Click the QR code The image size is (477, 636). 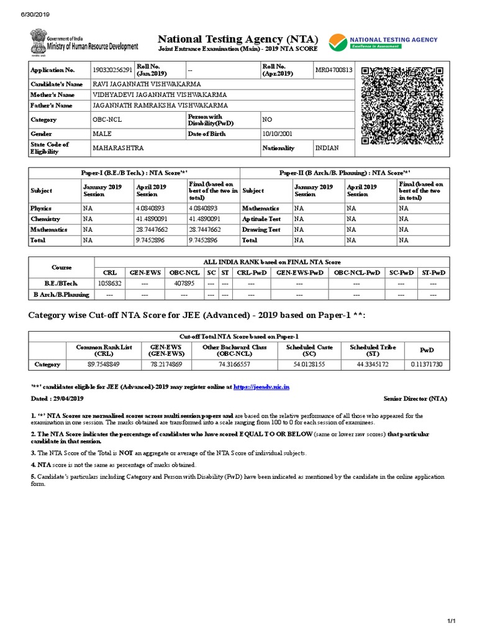pos(402,105)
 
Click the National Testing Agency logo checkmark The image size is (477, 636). pos(339,42)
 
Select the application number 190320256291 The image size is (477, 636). pos(112,70)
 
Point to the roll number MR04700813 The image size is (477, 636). pos(334,70)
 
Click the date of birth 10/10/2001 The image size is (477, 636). pos(276,134)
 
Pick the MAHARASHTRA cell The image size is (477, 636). pos(118,148)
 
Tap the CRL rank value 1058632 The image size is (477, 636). pos(109,283)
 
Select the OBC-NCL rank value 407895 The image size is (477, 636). pos(183,283)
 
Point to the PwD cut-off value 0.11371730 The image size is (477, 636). pos(427,364)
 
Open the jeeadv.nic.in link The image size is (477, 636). pos(261,387)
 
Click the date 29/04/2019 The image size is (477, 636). pos(69,398)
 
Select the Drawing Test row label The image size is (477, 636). pos(261,230)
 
